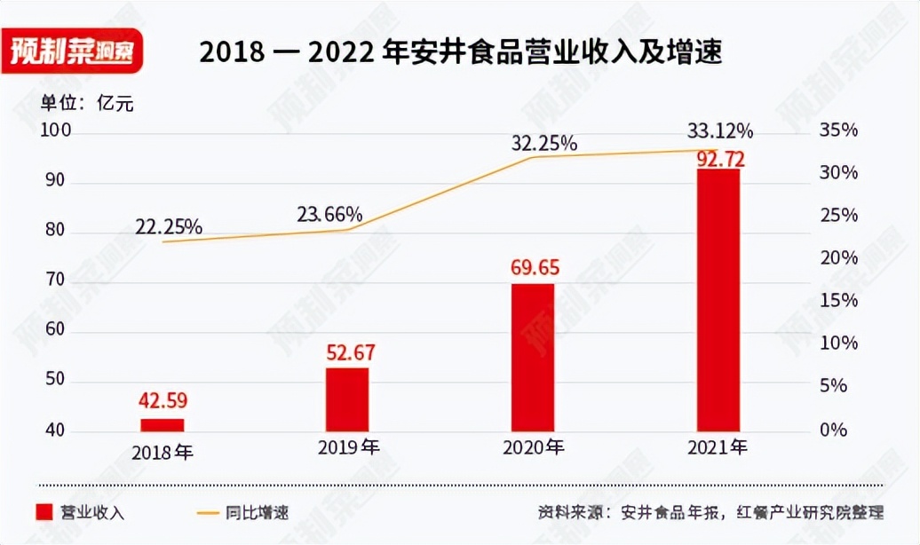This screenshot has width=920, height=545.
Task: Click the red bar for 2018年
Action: click(163, 425)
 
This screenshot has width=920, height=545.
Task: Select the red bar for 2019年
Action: click(346, 399)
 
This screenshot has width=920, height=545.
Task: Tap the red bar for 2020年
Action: click(532, 358)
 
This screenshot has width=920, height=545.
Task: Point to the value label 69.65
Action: click(532, 266)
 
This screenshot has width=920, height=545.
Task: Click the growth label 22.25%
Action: click(169, 227)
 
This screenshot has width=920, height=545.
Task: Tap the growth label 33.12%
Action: click(719, 131)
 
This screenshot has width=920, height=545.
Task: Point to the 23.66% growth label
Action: click(329, 214)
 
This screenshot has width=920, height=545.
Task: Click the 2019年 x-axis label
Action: click(348, 446)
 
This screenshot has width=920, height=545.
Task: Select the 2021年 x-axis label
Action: click(718, 446)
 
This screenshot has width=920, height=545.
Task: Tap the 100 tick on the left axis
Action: click(55, 131)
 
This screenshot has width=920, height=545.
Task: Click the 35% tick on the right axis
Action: click(838, 131)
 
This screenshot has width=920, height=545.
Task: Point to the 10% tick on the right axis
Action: click(838, 344)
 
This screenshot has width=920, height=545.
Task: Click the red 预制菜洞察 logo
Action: click(72, 51)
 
